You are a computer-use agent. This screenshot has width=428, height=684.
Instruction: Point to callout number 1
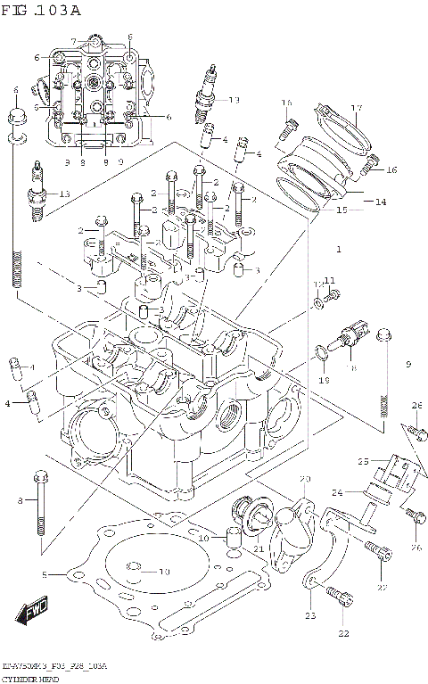(339, 247)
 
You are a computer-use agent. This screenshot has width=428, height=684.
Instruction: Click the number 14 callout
(381, 202)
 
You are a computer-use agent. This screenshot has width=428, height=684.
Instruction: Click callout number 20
(304, 479)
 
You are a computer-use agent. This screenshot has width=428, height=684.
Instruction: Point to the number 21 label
(259, 550)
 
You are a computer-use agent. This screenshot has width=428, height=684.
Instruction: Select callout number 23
(311, 614)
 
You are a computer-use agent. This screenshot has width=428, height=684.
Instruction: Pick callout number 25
(363, 461)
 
